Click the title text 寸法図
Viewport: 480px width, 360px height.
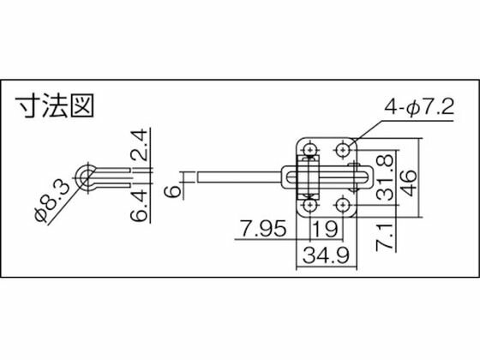pos(55,106)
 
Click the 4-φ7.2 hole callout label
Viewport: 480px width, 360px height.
pos(419,108)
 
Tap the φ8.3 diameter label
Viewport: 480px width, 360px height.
pos(51,201)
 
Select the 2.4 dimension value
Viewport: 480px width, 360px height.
pos(139,145)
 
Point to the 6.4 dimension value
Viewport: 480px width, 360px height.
pos(139,206)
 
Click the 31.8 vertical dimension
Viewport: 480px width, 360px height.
pos(385,178)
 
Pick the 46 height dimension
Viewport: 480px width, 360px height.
pos(410,183)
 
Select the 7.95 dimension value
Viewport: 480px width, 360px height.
pos(264,229)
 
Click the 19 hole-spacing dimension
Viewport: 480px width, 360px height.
pos(326,229)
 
